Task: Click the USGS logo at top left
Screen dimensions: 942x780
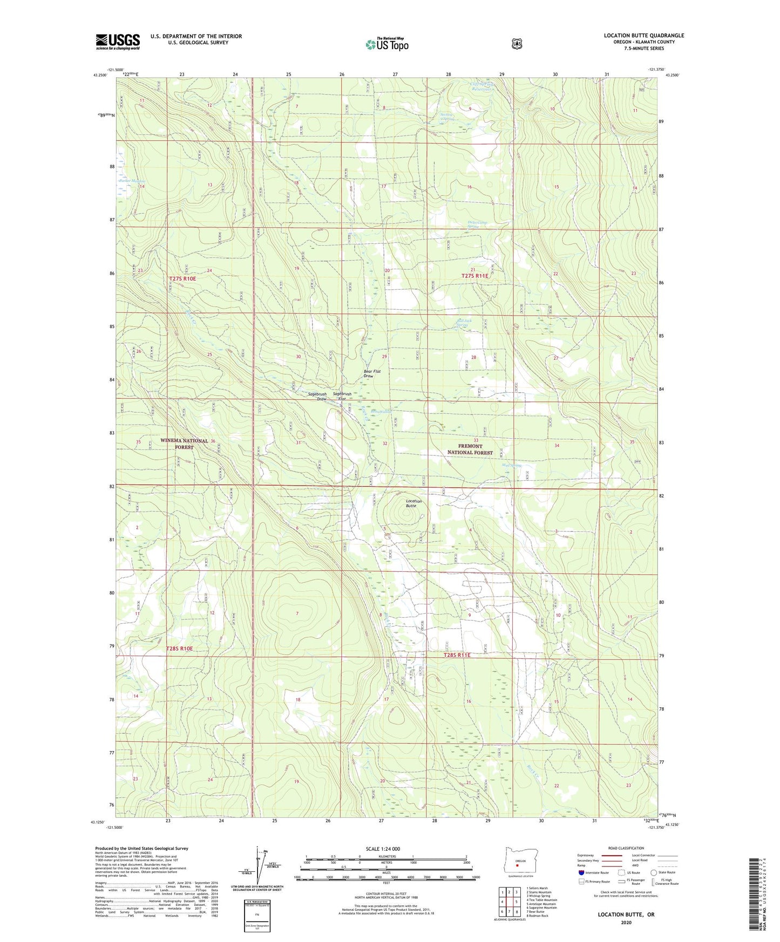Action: (x=118, y=42)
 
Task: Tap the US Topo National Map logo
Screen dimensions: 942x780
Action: (x=386, y=44)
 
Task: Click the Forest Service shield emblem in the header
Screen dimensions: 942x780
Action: (x=517, y=44)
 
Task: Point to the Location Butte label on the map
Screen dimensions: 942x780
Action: (x=413, y=503)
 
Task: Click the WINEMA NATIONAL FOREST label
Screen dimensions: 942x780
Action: (x=184, y=443)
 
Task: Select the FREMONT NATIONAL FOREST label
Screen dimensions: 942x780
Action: (x=470, y=449)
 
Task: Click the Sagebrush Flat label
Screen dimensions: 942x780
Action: (x=342, y=397)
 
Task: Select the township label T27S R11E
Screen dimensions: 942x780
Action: (x=474, y=276)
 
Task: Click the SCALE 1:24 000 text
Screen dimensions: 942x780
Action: (x=383, y=849)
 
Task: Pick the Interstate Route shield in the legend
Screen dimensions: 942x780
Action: (x=581, y=872)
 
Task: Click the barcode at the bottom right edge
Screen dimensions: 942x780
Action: (x=755, y=896)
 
